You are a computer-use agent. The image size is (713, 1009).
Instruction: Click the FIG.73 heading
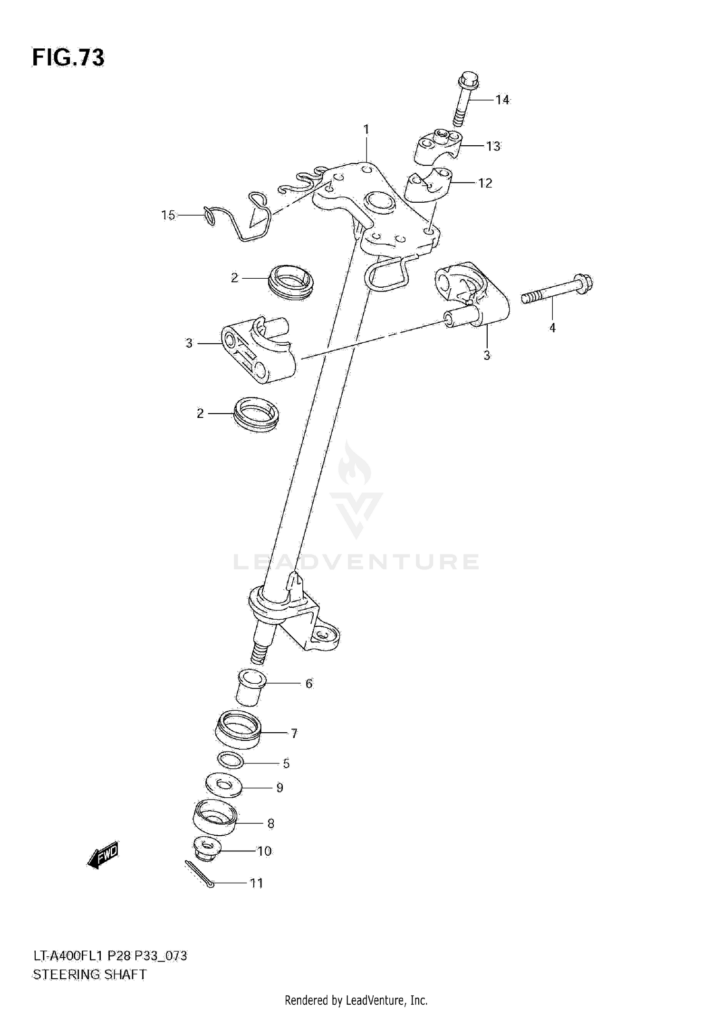pos(68,58)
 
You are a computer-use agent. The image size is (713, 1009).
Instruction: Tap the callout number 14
pos(502,100)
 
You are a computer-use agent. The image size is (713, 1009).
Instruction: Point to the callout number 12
pos(485,183)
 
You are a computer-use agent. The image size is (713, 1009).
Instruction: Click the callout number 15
pos(168,215)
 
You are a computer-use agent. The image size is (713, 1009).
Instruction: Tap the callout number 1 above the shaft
pos(366,129)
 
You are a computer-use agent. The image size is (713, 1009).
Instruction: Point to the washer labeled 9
pos(223,786)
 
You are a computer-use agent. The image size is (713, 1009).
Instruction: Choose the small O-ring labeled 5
pos(231,761)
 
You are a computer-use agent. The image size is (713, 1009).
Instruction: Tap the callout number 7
pos(294,734)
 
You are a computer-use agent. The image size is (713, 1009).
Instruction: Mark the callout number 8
pos(271,824)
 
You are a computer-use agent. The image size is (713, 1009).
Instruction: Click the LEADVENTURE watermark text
pos(356,562)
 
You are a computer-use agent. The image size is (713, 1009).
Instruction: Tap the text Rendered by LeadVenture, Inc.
pos(356,1000)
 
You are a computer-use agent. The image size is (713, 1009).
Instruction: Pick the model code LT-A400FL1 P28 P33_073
pos(109,956)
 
